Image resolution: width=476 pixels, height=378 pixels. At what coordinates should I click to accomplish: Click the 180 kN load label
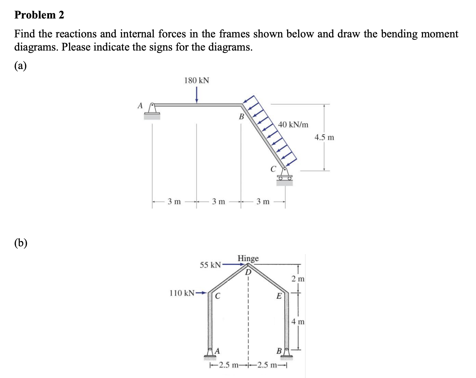click(196, 80)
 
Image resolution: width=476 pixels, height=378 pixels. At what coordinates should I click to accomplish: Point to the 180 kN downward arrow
click(196, 95)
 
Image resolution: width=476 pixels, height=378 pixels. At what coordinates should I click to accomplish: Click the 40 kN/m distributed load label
click(293, 125)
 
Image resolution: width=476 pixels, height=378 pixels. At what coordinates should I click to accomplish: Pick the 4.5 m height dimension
click(324, 137)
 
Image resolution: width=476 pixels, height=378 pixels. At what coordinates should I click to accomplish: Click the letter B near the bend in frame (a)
click(241, 116)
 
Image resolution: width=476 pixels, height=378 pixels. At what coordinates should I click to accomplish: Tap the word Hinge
click(248, 258)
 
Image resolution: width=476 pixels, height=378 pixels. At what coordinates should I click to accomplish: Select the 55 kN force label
click(210, 265)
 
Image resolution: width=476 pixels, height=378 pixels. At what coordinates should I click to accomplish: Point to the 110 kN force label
click(182, 293)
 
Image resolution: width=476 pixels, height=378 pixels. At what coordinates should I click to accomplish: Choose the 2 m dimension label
click(298, 279)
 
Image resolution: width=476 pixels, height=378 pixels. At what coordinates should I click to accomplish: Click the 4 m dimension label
click(298, 321)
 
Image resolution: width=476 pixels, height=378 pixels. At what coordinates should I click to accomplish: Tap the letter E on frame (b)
click(279, 295)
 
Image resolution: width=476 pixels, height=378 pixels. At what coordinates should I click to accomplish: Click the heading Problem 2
click(39, 15)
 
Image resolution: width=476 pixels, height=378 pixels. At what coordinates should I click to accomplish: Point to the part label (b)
click(21, 243)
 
